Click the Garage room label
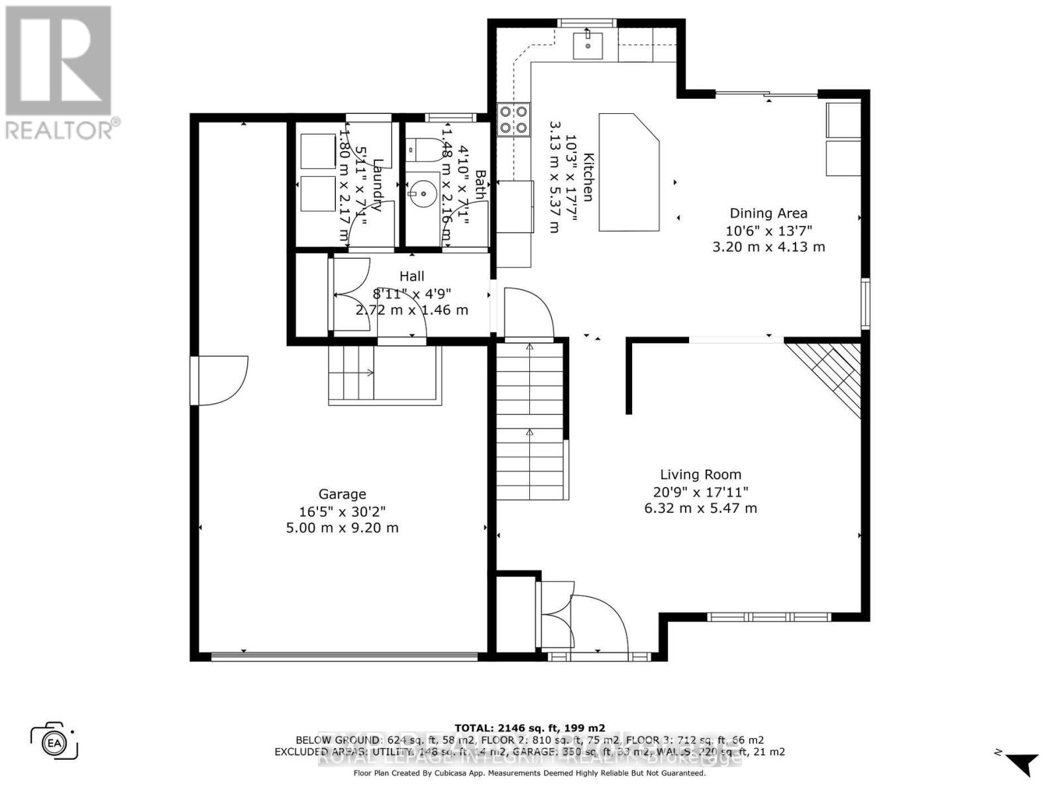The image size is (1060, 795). [342, 494]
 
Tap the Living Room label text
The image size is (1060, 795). [700, 474]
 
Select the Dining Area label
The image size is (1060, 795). [768, 213]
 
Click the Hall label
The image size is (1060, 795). [411, 276]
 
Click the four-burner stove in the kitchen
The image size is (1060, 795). [514, 121]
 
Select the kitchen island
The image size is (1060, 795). [629, 172]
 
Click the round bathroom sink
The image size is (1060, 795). [421, 194]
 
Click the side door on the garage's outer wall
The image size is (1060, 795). [219, 380]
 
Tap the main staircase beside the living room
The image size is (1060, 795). [530, 424]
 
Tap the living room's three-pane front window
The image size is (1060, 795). [768, 617]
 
